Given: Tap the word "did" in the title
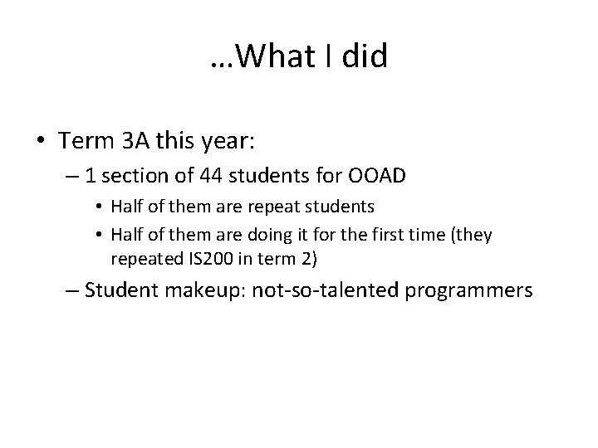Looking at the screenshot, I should tap(365, 57).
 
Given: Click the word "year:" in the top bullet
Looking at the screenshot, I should tap(232, 141).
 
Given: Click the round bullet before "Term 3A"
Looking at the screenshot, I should tap(42, 141).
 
